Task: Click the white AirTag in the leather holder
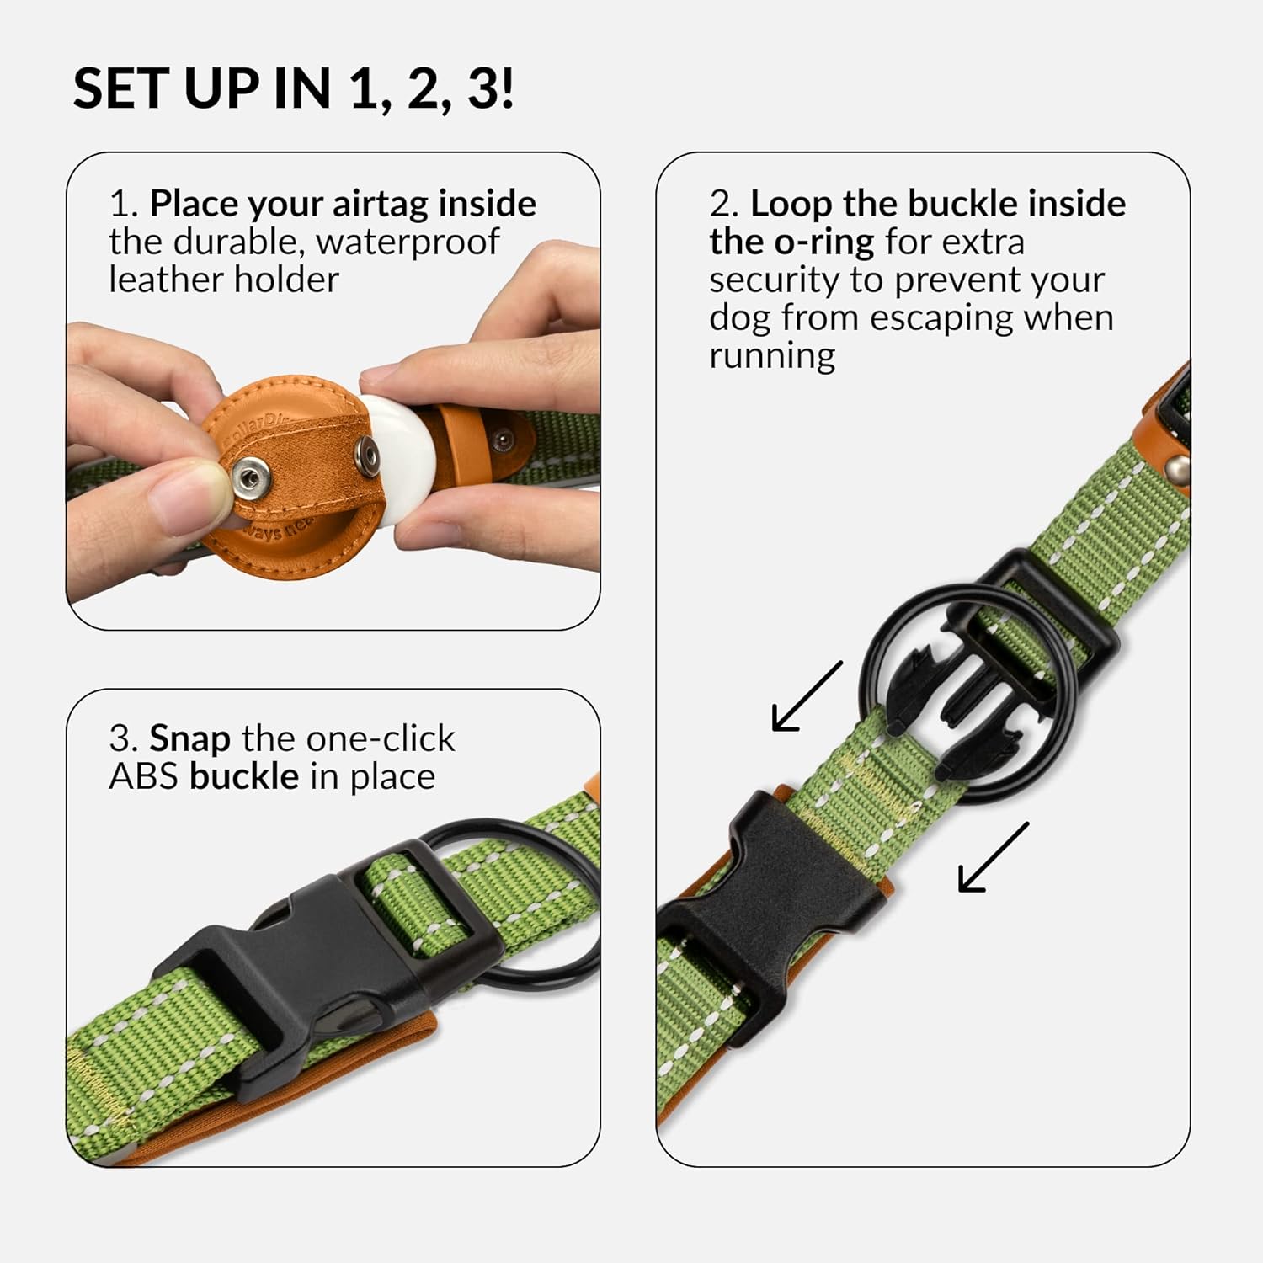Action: pyautogui.click(x=396, y=460)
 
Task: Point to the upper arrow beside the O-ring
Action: pyautogui.click(x=807, y=696)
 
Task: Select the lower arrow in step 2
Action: pyautogui.click(x=994, y=857)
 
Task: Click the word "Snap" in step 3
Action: pyautogui.click(x=189, y=739)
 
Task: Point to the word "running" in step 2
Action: pyautogui.click(x=772, y=356)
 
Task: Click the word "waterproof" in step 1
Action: pyautogui.click(x=408, y=243)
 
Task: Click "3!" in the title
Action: pyautogui.click(x=490, y=88)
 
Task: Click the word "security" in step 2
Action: pyautogui.click(x=774, y=280)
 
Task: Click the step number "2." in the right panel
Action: pyautogui.click(x=723, y=205)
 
